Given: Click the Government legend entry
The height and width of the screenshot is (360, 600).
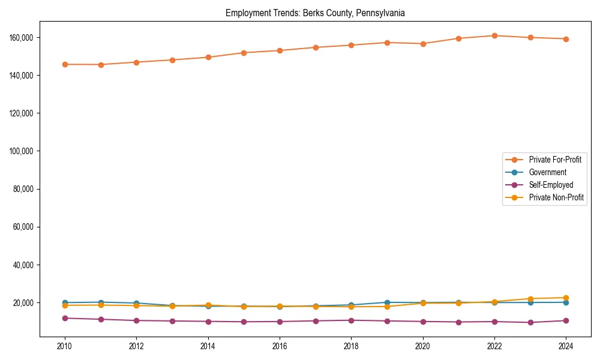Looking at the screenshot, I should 547,172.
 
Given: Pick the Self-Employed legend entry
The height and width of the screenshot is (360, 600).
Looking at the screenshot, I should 551,185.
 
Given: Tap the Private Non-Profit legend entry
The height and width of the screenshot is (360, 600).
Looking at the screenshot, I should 556,197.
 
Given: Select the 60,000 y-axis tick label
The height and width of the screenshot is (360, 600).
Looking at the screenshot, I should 23,227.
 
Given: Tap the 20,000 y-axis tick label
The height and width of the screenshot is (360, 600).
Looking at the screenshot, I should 23,303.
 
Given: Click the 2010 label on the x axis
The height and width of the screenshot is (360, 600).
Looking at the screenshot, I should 65,346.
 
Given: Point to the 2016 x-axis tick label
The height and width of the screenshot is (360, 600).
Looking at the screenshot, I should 280,346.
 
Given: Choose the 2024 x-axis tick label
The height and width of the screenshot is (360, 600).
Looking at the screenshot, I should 566,346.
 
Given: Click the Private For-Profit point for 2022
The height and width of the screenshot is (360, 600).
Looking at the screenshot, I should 494,35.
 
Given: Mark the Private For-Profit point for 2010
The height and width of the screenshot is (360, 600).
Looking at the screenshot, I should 65,64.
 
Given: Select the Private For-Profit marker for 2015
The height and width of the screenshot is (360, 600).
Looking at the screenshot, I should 244,53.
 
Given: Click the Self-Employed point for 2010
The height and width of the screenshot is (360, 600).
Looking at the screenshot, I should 65,318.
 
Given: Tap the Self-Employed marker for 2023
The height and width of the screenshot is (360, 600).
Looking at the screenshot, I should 530,322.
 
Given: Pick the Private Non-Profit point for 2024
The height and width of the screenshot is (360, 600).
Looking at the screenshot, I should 566,298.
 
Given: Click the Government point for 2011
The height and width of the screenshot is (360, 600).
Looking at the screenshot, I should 101,302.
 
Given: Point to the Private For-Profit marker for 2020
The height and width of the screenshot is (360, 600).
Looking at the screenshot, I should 423,43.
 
